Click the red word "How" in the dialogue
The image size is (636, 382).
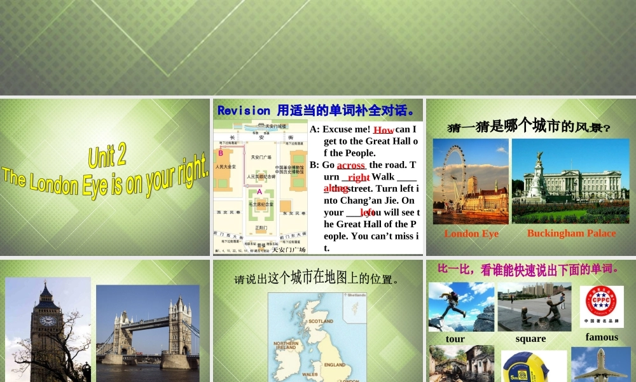click(x=384, y=130)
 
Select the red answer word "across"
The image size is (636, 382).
click(x=351, y=166)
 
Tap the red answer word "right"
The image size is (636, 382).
click(x=359, y=178)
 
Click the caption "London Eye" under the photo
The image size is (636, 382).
click(x=471, y=234)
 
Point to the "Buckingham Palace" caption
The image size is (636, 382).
click(x=571, y=234)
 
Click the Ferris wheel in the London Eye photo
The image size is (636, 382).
click(x=455, y=172)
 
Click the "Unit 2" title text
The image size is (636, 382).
click(x=107, y=155)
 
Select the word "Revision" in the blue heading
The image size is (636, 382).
click(x=244, y=110)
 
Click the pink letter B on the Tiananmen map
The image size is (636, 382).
click(x=221, y=153)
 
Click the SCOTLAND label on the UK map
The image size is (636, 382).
click(x=321, y=322)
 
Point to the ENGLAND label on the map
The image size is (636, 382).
click(x=335, y=365)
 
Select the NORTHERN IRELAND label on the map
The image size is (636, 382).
click(x=286, y=345)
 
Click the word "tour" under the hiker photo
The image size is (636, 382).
click(x=455, y=339)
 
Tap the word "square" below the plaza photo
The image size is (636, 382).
click(x=530, y=339)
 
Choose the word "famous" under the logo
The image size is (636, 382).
click(x=602, y=337)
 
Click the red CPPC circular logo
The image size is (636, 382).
click(x=597, y=302)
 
